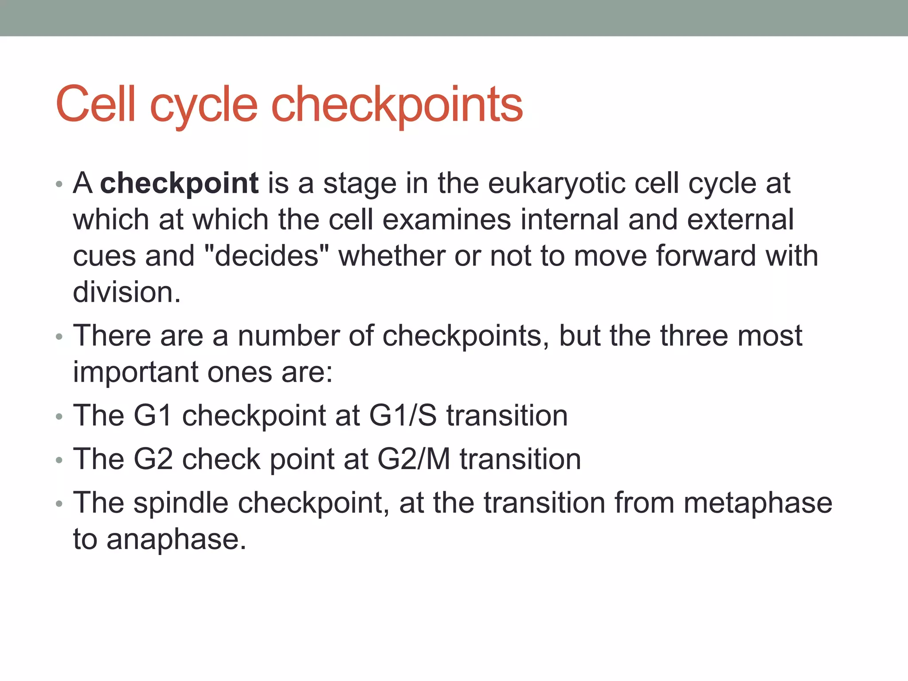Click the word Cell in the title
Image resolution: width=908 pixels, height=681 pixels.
pyautogui.click(x=95, y=105)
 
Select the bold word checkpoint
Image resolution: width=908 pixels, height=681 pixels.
pyautogui.click(x=179, y=183)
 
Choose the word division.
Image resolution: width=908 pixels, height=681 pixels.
pyautogui.click(x=127, y=292)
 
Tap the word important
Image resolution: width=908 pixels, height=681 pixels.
pyautogui.click(x=136, y=372)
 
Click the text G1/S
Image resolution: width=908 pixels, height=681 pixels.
pyautogui.click(x=403, y=415)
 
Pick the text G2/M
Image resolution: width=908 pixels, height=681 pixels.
pyautogui.click(x=413, y=459)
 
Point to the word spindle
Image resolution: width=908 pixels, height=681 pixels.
pyautogui.click(x=181, y=503)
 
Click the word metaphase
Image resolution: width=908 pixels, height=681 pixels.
pyautogui.click(x=758, y=503)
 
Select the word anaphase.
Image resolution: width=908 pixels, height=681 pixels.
pyautogui.click(x=176, y=540)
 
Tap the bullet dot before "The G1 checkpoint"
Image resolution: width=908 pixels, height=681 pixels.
pyautogui.click(x=59, y=417)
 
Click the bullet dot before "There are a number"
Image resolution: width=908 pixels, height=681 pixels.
pyautogui.click(x=59, y=337)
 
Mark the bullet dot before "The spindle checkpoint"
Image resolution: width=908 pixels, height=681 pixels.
pyautogui.click(x=59, y=505)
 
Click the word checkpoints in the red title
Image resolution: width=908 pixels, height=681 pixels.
pyautogui.click(x=397, y=105)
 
